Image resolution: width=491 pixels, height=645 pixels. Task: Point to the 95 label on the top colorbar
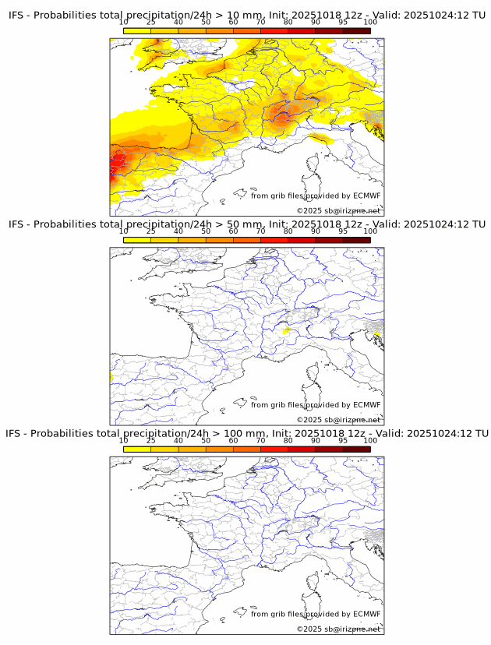[343, 23]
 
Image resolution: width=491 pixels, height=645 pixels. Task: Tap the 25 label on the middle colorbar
[151, 231]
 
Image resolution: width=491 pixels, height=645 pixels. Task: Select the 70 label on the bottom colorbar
[260, 440]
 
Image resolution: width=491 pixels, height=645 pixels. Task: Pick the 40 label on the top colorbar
[178, 23]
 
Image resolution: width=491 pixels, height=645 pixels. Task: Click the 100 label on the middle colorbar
[370, 231]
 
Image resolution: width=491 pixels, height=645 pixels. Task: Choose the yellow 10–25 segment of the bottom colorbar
[137, 449]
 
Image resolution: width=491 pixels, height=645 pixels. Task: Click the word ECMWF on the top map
[366, 196]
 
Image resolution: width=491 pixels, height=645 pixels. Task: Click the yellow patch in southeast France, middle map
[287, 331]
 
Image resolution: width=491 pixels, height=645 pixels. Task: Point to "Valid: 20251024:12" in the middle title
[425, 224]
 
